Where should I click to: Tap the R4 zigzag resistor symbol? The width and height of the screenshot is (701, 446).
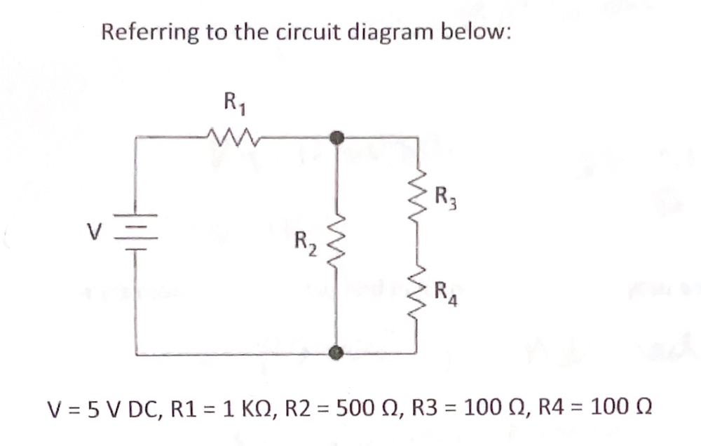pyautogui.click(x=419, y=288)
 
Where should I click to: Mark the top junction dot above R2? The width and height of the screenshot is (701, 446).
pyautogui.click(x=337, y=137)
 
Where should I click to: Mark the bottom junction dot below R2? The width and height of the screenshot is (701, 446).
pyautogui.click(x=337, y=353)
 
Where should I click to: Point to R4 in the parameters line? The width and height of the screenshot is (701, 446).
pyautogui.click(x=547, y=407)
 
